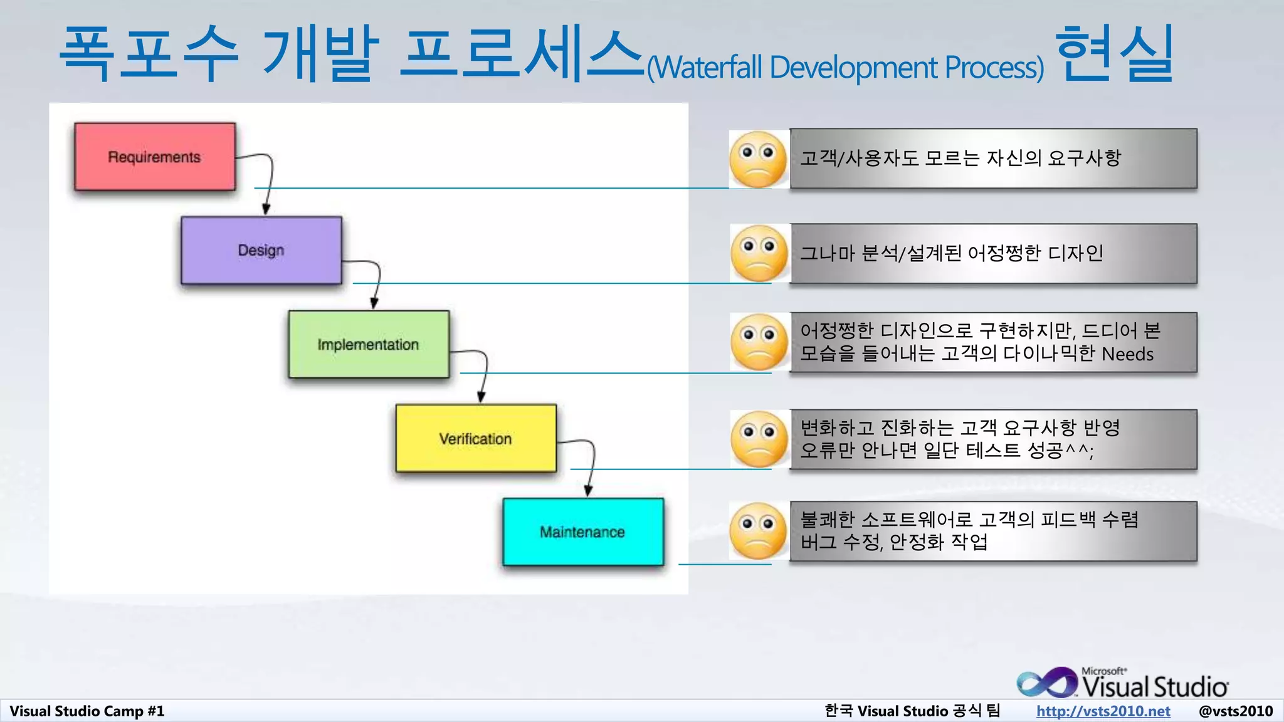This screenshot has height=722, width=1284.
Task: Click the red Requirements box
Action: [x=154, y=157]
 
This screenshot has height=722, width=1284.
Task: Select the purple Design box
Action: [x=261, y=250]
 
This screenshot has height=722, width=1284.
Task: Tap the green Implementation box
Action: [x=368, y=344]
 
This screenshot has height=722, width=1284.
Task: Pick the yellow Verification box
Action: [x=475, y=438]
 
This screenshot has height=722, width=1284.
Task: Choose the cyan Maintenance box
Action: [x=582, y=532]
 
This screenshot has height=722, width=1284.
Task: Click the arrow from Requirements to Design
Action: [x=270, y=182]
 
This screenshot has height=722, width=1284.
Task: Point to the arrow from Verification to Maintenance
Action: [x=591, y=467]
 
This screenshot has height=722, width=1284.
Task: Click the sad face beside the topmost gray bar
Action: [x=758, y=159]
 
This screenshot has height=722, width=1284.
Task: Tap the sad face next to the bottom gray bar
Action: [x=758, y=531]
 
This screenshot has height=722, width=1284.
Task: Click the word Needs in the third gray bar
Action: [x=1127, y=354]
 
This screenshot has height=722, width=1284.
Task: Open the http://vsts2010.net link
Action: [x=1103, y=711]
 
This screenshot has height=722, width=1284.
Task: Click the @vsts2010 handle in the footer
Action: [x=1235, y=711]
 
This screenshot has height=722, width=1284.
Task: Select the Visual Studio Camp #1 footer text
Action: [x=87, y=711]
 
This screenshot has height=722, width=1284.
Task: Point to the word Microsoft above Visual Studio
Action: [x=1103, y=671]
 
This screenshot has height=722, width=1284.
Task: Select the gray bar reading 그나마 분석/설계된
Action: [x=993, y=253]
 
